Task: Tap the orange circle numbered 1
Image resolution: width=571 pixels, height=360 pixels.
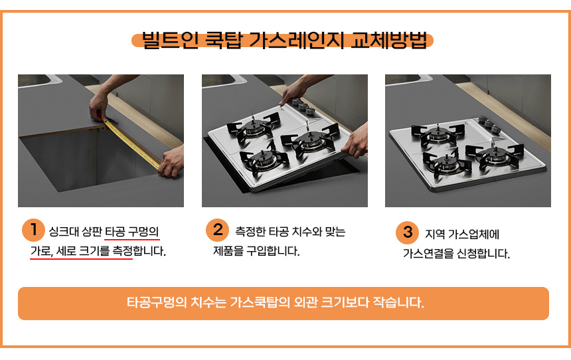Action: [33, 230]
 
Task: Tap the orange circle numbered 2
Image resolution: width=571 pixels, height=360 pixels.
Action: [217, 230]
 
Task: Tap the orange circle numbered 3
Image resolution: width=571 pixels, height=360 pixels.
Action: [407, 232]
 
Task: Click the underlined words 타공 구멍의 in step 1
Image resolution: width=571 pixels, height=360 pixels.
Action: [132, 232]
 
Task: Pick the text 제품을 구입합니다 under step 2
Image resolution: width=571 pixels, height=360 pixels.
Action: [256, 252]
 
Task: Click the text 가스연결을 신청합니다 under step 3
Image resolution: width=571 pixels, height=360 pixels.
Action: [456, 253]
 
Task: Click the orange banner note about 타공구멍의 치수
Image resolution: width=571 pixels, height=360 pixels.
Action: [283, 304]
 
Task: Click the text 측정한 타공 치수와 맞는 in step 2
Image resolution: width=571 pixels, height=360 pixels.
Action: [289, 232]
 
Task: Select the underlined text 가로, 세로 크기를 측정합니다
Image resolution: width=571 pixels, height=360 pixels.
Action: [98, 252]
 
